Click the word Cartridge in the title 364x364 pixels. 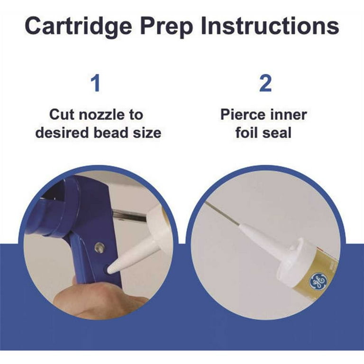78,27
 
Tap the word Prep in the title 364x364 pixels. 167,27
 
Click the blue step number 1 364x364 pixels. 95,83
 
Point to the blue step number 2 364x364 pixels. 265,83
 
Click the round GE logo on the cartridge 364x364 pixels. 319,281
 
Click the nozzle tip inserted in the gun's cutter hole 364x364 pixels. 111,268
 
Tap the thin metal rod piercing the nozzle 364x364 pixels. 222,213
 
